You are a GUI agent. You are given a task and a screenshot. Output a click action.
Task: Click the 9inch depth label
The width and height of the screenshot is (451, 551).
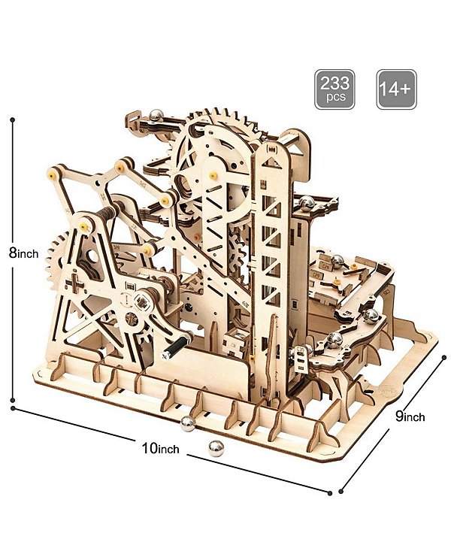point(410,416)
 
